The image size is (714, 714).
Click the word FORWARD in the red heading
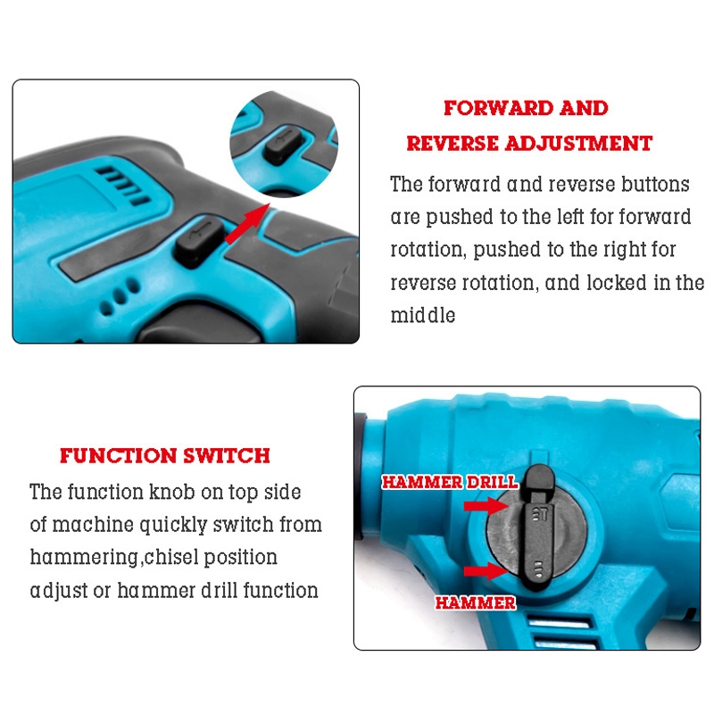tap(498, 108)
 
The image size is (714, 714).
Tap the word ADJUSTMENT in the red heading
tap(578, 144)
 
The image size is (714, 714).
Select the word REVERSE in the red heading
tap(452, 144)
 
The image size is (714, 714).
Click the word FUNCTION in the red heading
tap(119, 456)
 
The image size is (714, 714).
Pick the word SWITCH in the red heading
tap(227, 456)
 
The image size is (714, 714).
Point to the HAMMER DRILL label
tap(450, 482)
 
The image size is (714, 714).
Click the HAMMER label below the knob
tap(476, 603)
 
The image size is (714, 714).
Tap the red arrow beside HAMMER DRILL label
tap(486, 506)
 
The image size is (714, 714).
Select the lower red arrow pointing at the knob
tap(486, 571)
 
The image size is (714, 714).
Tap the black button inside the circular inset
tap(283, 145)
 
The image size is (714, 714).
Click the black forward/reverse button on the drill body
tap(200, 241)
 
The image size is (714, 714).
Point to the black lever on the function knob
tap(537, 528)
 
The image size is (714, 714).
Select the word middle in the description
tap(423, 315)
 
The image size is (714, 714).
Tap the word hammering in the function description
tap(84, 558)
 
